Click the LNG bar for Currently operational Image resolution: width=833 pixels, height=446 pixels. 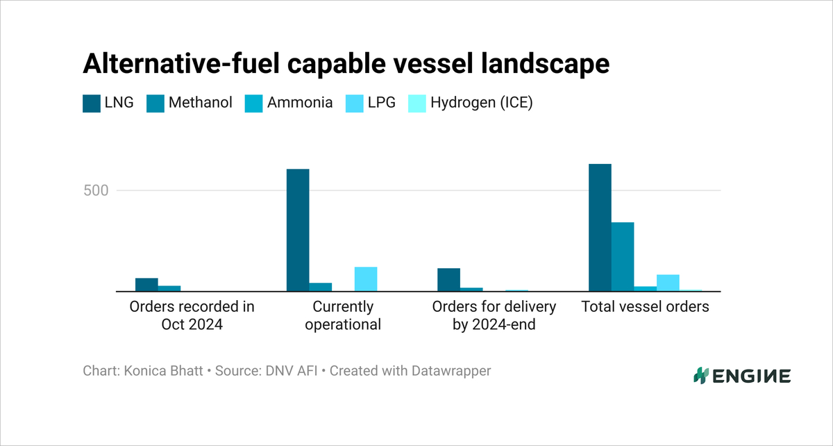coord(298,230)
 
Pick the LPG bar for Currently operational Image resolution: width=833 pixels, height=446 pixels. coord(366,279)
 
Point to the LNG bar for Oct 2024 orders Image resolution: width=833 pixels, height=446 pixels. coord(146,284)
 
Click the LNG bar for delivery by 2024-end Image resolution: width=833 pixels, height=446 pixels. coord(448,279)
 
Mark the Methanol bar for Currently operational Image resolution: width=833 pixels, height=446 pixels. coord(321,287)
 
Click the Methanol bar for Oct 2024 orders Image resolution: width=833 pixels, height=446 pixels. coord(169,288)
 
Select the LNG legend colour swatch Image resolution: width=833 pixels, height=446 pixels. coord(92,104)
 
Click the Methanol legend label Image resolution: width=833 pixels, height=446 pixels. coord(200,104)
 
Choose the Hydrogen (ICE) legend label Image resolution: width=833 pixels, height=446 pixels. coord(481,104)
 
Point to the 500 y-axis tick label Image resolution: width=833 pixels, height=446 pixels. coord(96,190)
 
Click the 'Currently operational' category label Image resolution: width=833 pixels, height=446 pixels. coord(343,315)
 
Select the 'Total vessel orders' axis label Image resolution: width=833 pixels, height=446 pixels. coord(645,306)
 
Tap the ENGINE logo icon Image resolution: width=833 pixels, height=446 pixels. coord(700,376)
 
